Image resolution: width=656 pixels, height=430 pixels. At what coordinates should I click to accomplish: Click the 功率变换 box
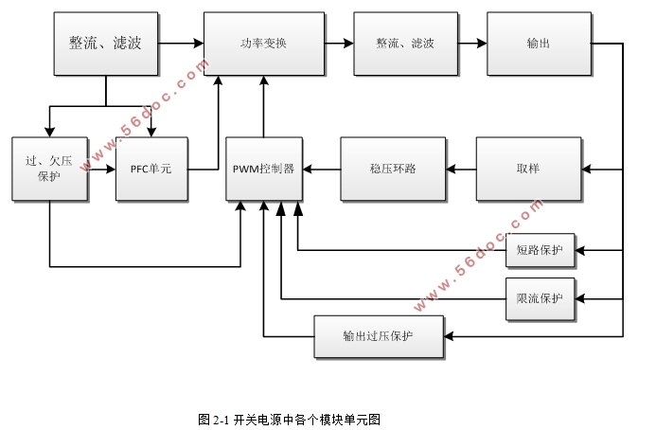263,44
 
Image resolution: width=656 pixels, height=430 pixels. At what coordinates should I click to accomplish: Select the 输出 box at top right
539,44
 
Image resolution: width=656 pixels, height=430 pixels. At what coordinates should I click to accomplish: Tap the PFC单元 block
151,169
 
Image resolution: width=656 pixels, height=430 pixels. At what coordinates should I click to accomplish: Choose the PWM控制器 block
263,169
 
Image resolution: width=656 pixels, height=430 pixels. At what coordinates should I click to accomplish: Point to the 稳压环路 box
392,169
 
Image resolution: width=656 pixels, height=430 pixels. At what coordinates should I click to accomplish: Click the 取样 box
527,169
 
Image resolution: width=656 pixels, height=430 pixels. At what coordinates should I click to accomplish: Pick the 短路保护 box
540,250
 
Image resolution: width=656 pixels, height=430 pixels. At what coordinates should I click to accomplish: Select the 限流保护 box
540,298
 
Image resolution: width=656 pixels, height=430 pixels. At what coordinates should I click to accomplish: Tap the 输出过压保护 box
378,336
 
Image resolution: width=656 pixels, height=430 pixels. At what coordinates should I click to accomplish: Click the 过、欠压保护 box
49,169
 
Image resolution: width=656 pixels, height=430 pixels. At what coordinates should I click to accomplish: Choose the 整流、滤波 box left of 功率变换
105,44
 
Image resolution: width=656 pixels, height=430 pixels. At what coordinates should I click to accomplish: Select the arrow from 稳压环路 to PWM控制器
321,169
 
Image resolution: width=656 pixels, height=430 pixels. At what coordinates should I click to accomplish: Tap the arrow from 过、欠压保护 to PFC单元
101,169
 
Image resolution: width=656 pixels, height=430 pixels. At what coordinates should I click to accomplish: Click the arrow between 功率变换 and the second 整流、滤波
338,44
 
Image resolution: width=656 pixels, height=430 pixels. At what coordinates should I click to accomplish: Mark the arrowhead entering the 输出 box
481,44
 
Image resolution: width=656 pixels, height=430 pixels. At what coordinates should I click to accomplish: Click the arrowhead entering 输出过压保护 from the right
449,336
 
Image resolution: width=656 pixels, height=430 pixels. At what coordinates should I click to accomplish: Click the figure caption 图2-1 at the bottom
289,418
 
